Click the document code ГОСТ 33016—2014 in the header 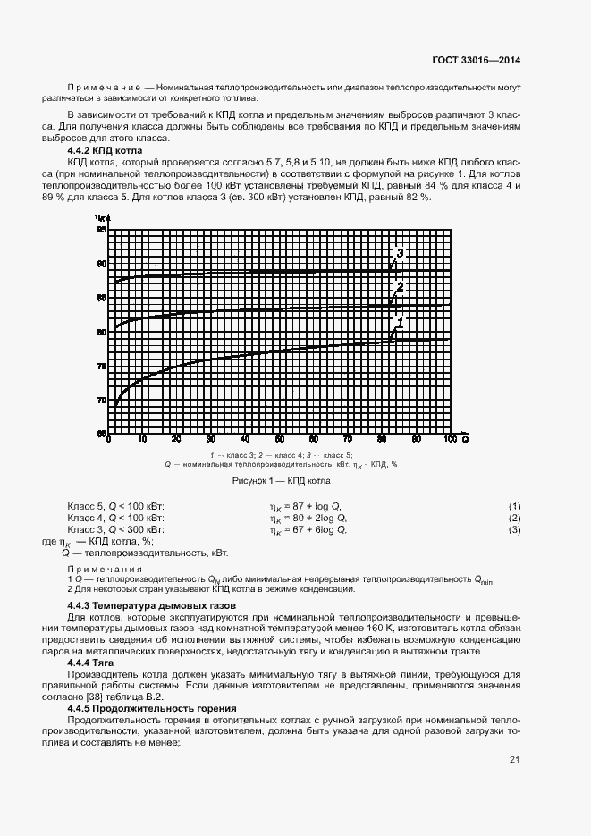click(x=477, y=61)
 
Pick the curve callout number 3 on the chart click(x=400, y=254)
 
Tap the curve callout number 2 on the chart click(x=400, y=287)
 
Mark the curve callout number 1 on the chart click(x=401, y=321)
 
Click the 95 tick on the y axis click(x=100, y=231)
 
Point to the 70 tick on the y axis click(x=100, y=401)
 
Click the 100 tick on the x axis click(x=449, y=440)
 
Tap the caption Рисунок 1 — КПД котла click(x=281, y=480)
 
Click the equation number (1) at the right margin click(x=514, y=506)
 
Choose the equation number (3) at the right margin click(x=514, y=530)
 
